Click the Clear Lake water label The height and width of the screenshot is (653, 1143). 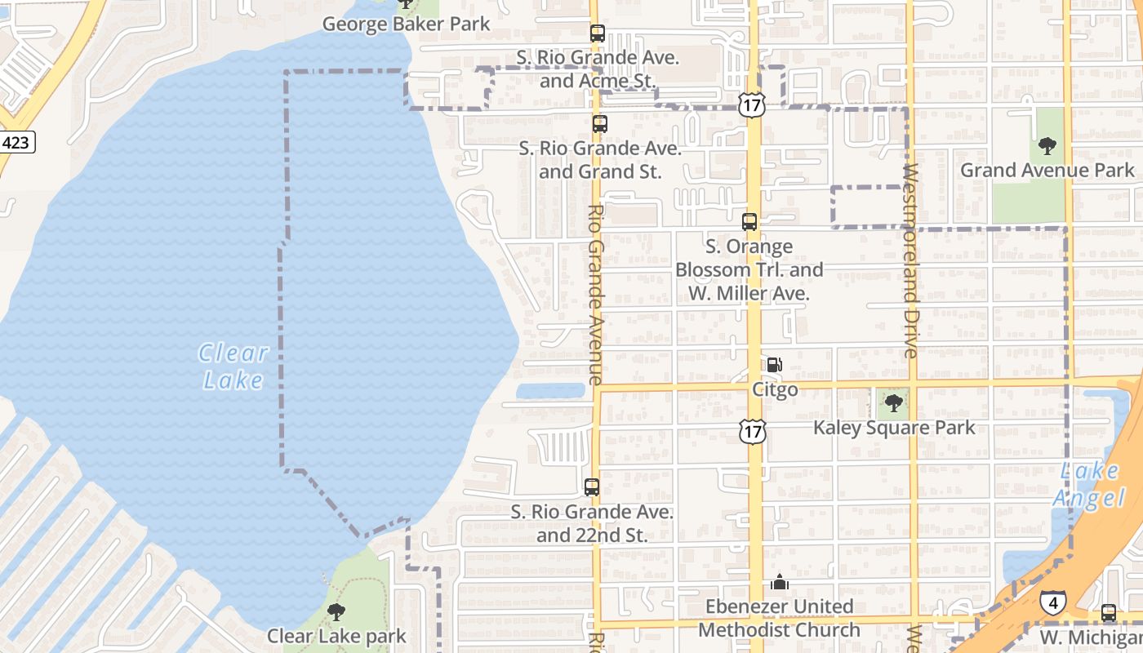233,366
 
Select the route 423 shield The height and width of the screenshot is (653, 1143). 16,143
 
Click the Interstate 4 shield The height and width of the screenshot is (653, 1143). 1052,603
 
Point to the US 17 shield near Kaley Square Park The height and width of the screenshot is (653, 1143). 753,431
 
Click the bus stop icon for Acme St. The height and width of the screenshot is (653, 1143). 598,33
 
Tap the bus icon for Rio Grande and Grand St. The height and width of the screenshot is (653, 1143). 600,124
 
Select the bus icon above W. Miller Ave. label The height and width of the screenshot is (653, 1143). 749,221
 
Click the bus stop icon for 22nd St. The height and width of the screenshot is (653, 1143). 592,487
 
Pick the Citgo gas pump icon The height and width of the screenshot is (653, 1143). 774,365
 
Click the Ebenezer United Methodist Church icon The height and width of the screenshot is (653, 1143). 780,583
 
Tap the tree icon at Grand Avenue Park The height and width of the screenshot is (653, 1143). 1047,147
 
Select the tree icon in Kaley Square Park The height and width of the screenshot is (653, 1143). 894,402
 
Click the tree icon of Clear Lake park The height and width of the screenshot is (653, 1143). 336,611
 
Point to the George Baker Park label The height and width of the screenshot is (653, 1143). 407,24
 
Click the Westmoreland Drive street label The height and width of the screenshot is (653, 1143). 912,261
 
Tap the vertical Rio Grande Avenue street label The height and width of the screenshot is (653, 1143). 595,294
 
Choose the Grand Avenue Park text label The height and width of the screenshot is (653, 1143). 1047,170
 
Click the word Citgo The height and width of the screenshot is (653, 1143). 775,390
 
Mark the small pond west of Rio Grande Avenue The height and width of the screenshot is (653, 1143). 550,391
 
